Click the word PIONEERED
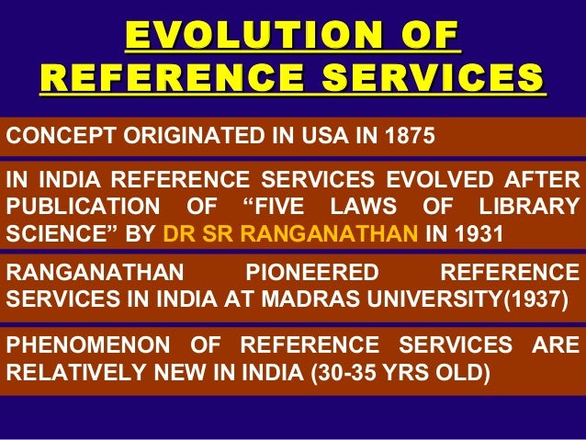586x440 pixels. (313, 273)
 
